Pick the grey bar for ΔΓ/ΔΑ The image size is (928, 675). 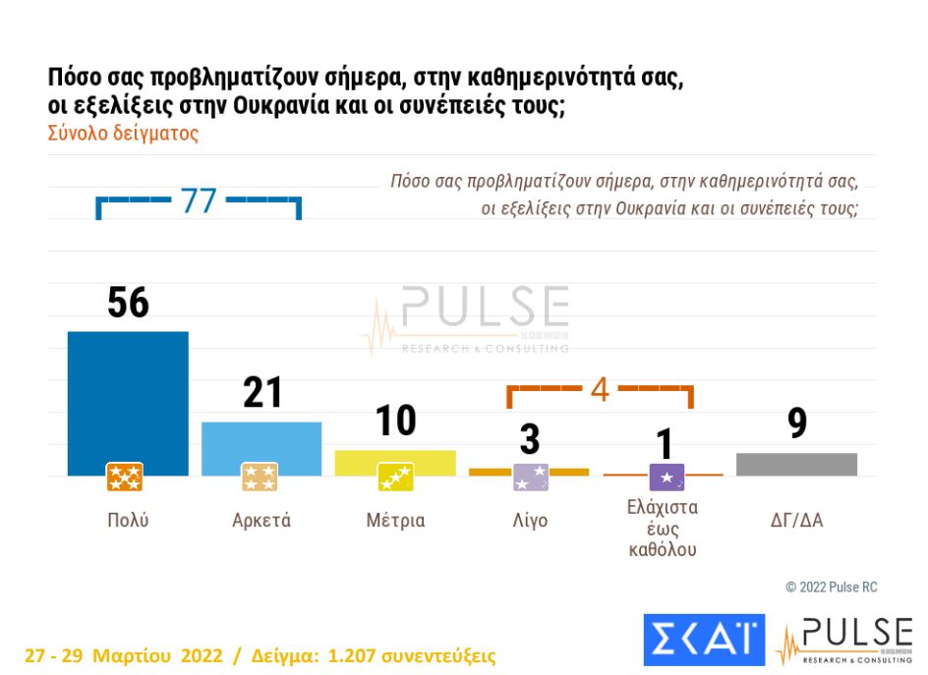pos(796,465)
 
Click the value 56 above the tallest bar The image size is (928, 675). pos(128,304)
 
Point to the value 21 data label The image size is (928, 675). pos(262,393)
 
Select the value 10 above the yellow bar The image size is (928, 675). pos(395,422)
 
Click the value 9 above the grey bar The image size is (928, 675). pos(796,423)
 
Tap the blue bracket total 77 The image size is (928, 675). pos(198,201)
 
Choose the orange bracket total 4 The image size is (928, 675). pos(600,390)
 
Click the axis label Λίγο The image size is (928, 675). pos(530,521)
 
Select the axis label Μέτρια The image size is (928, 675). pos(395,521)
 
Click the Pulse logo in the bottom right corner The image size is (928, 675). pos(844,641)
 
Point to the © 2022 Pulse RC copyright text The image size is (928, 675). pos(831,587)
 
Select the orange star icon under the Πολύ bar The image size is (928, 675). pos(125,478)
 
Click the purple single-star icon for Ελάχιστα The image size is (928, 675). pos(667,478)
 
